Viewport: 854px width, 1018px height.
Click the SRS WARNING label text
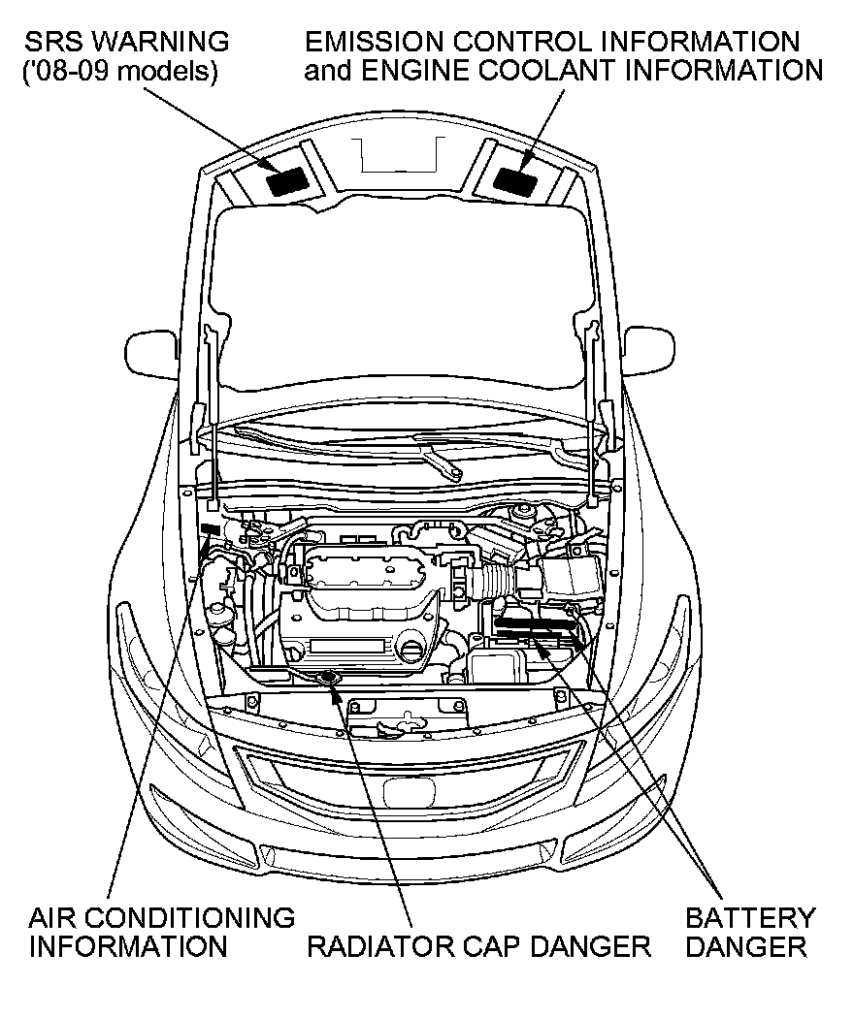pyautogui.click(x=126, y=43)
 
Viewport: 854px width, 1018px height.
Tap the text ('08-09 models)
pyautogui.click(x=120, y=73)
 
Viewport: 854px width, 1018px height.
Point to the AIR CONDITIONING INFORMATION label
pyautogui.click(x=161, y=931)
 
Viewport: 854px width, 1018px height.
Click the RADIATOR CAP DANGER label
pyautogui.click(x=477, y=946)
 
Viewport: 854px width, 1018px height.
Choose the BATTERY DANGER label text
pyautogui.click(x=750, y=931)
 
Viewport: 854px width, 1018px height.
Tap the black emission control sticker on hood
pyautogui.click(x=516, y=179)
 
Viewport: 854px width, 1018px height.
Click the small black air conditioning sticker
pyautogui.click(x=210, y=528)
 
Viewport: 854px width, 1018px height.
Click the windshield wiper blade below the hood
pyautogui.click(x=437, y=456)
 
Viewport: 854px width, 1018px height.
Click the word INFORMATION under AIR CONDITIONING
pyautogui.click(x=128, y=946)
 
